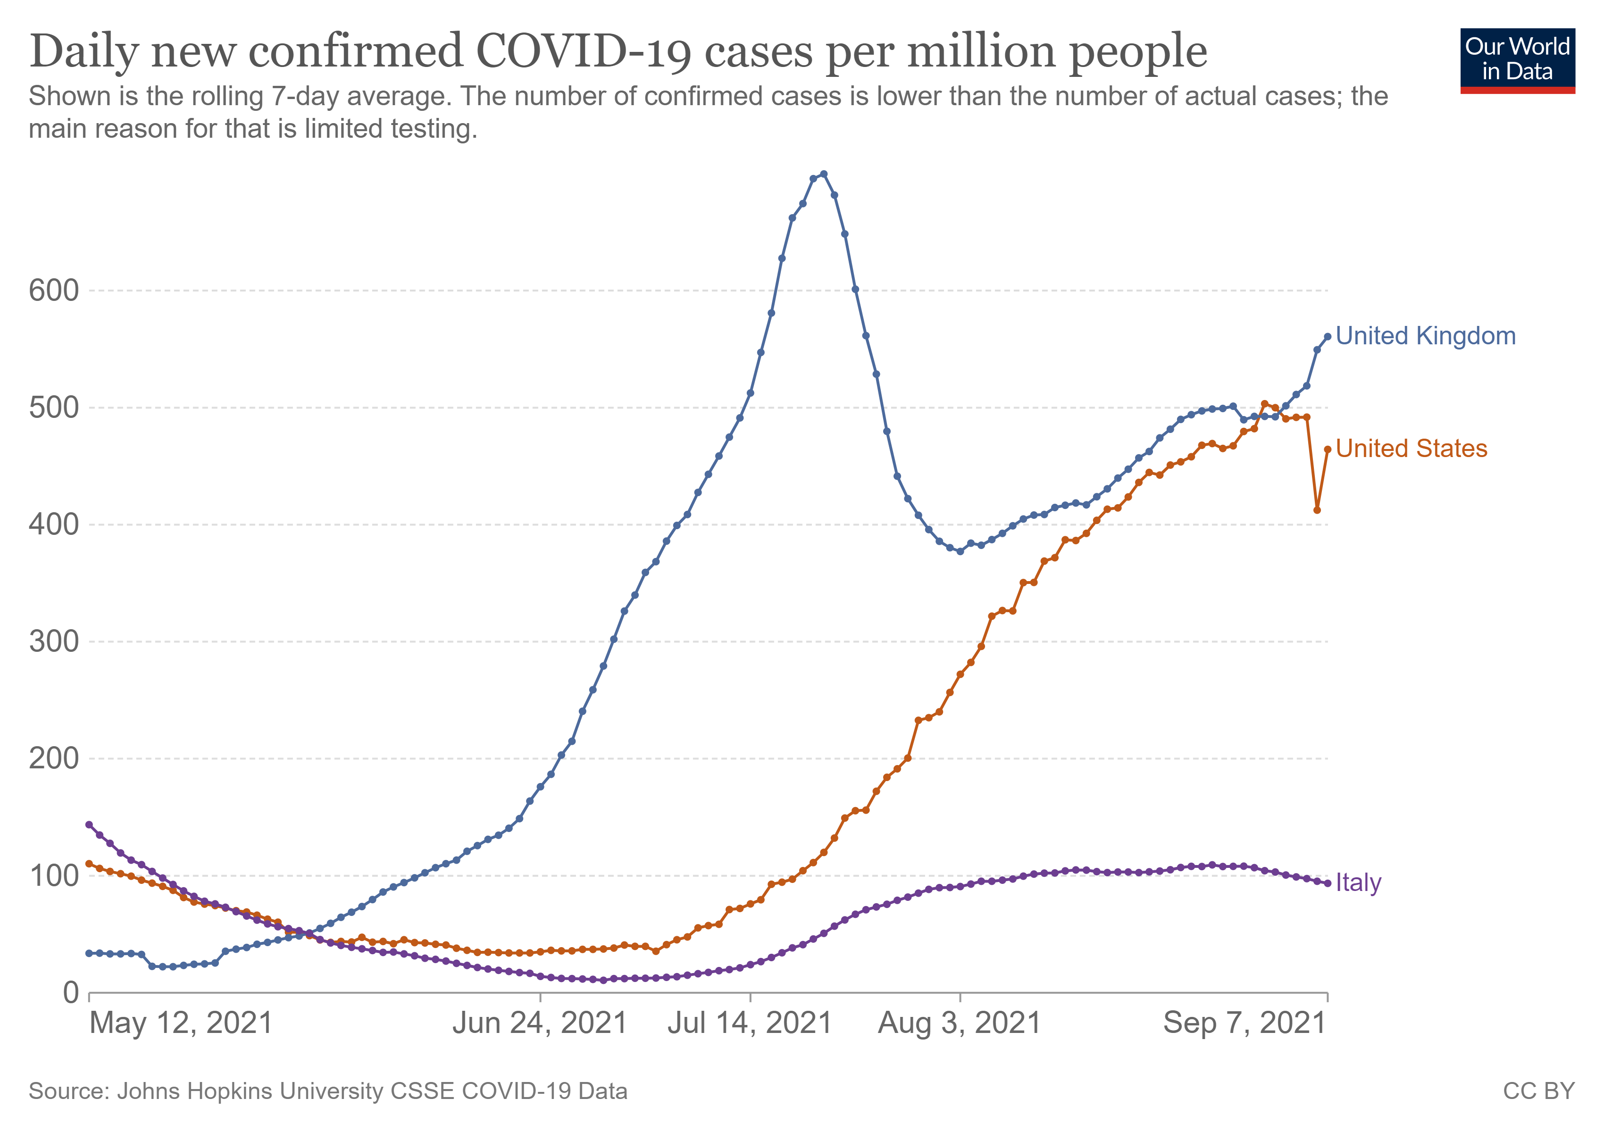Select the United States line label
1411,449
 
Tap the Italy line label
1358,882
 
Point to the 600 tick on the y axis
54,291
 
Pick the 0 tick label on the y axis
71,992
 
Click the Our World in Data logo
1517,60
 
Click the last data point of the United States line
1328,449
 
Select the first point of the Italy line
89,825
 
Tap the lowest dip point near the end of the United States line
1317,510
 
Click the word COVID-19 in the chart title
584,52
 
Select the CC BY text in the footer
1538,1091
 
